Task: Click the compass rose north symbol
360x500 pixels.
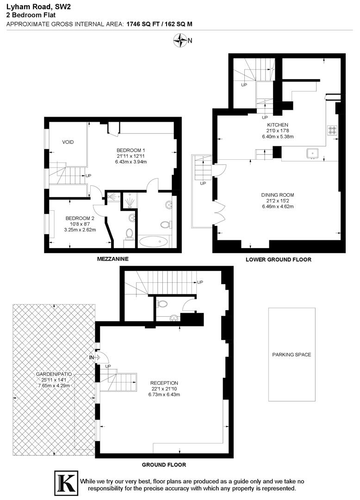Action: click(x=180, y=41)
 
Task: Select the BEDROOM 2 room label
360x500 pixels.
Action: click(x=80, y=218)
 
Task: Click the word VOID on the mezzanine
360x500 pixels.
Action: click(x=68, y=142)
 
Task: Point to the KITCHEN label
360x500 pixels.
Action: click(x=278, y=125)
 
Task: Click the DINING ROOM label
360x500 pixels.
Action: click(x=278, y=194)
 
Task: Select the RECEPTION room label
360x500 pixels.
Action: click(x=164, y=383)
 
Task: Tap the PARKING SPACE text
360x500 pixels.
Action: click(x=292, y=355)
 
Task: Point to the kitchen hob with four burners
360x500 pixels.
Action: click(x=332, y=130)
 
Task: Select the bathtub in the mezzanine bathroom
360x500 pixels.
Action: click(x=155, y=241)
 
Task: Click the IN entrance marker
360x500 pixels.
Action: click(x=91, y=357)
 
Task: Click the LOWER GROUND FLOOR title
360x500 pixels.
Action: click(x=279, y=260)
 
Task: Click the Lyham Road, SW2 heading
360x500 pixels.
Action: click(x=32, y=6)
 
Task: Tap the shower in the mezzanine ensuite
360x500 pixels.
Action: click(x=130, y=201)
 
